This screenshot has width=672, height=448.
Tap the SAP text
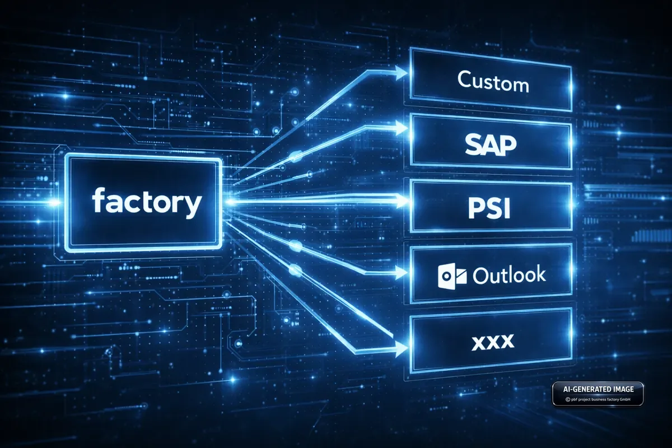491,145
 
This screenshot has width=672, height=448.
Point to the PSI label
489,208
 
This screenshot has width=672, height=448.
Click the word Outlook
509,274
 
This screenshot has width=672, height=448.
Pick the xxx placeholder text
493,343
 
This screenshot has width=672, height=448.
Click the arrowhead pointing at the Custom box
401,73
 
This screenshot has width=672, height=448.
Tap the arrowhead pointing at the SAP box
401,129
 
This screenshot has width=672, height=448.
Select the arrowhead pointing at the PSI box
402,200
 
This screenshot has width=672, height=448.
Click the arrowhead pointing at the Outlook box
401,273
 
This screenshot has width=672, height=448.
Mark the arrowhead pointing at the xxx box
401,349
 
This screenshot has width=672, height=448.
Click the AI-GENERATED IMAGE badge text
598,389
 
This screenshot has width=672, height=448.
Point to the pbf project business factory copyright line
598,399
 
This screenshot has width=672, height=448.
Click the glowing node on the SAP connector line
295,156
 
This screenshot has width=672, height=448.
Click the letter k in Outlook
540,273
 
